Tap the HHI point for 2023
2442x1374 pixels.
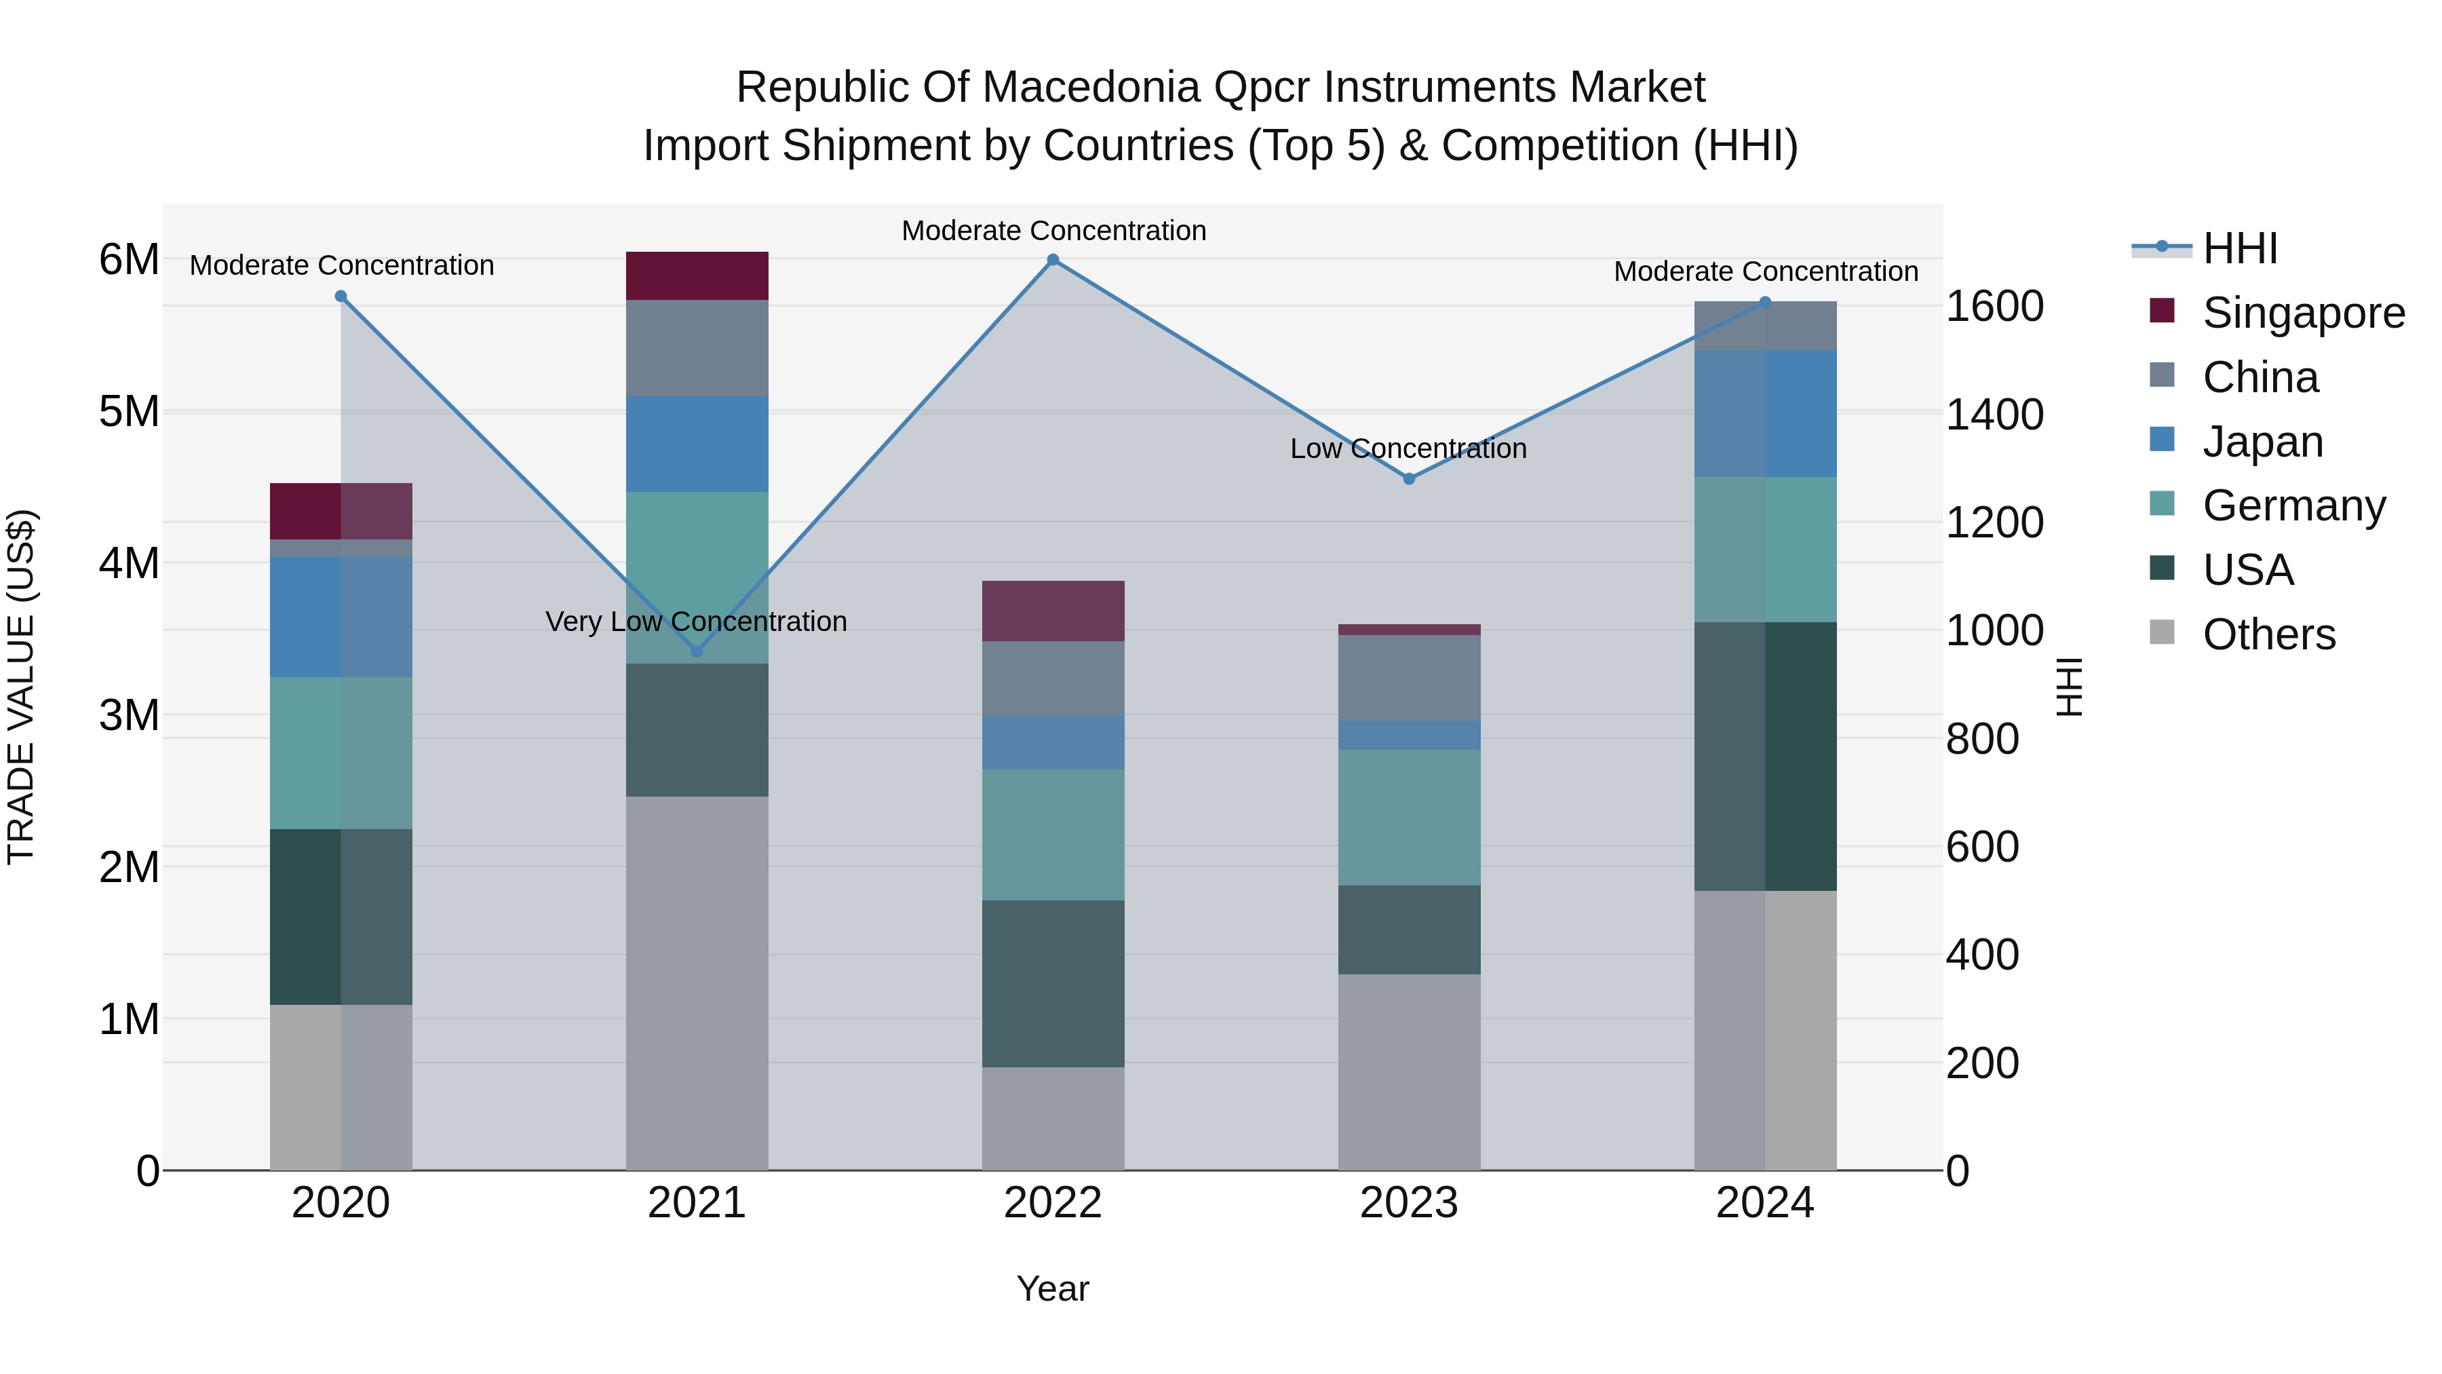[x=1409, y=479]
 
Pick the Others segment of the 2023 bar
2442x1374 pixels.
[x=1409, y=1071]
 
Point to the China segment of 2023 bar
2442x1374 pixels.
[x=1409, y=677]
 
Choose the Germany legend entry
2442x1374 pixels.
[x=2293, y=505]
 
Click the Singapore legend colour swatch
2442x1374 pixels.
[x=2163, y=311]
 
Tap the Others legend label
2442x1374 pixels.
[x=2268, y=634]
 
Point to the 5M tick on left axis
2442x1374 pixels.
[x=129, y=412]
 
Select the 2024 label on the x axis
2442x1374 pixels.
[x=1764, y=1203]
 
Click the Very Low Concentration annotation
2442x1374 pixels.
[x=696, y=622]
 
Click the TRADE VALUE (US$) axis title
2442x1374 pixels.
[x=22, y=687]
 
